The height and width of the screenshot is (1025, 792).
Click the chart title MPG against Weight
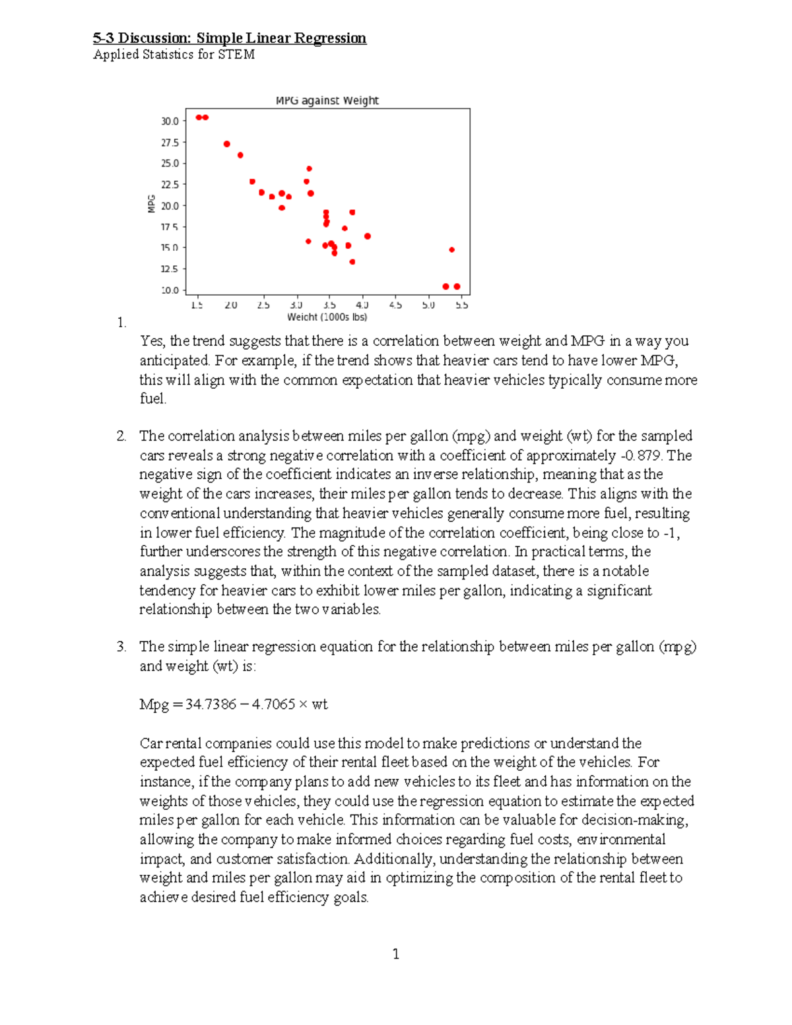[x=327, y=100]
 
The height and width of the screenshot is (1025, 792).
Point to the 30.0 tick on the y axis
[x=170, y=121]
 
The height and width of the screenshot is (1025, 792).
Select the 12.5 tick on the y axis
[x=170, y=269]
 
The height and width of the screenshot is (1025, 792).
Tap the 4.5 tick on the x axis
[x=395, y=305]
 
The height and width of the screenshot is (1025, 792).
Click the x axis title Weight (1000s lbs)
[x=327, y=317]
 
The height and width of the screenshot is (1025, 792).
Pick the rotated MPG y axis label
[x=151, y=203]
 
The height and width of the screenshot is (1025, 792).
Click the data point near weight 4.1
[x=368, y=236]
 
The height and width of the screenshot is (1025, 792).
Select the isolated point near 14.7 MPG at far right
[x=451, y=249]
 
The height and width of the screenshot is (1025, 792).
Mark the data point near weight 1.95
[x=227, y=144]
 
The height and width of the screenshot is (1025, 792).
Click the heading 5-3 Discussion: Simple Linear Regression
[x=229, y=38]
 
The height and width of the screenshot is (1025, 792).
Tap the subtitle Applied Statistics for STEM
[x=174, y=55]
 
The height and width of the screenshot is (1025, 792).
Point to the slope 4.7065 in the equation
[x=273, y=704]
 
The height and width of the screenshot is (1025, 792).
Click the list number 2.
[x=121, y=436]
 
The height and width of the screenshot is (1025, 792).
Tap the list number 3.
[x=121, y=647]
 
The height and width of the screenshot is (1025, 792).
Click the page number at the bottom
[x=395, y=954]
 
